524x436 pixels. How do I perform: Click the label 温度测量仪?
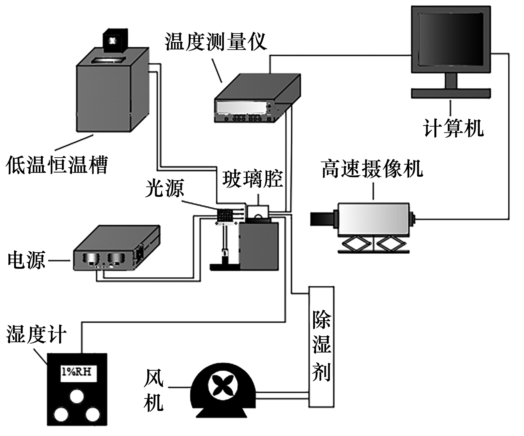pyautogui.click(x=216, y=42)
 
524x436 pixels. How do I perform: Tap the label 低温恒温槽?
pyautogui.click(x=57, y=165)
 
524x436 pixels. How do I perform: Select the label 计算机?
pyautogui.click(x=453, y=128)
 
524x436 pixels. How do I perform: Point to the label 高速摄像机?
pyautogui.click(x=372, y=169)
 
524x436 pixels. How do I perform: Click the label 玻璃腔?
pyautogui.click(x=253, y=179)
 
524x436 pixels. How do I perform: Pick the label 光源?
pyautogui.click(x=165, y=188)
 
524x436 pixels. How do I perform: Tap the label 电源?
pyautogui.click(x=26, y=260)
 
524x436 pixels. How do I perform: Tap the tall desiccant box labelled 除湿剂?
pyautogui.click(x=321, y=346)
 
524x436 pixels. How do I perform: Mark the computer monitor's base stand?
pyautogui.click(x=451, y=93)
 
